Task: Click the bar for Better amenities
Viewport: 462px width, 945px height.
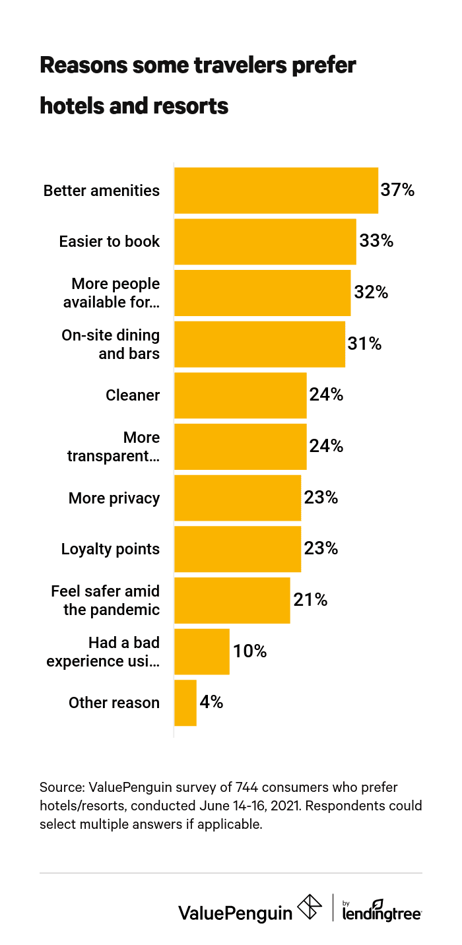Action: (x=276, y=191)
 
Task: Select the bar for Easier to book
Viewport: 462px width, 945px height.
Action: (x=265, y=242)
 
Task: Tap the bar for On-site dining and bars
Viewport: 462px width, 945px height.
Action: (x=259, y=344)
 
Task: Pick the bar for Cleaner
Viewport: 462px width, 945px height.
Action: (x=240, y=395)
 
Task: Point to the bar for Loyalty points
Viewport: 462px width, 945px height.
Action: (x=238, y=549)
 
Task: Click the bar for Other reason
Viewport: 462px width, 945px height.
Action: (x=185, y=703)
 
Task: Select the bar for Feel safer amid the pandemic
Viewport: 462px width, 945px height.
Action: (x=232, y=600)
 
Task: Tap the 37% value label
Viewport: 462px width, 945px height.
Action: (x=397, y=191)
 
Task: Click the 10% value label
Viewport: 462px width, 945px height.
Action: (x=249, y=651)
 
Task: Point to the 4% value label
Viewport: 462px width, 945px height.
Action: (x=211, y=703)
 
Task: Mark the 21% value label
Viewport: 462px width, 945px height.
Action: (x=310, y=600)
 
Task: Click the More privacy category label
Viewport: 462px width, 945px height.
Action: (x=114, y=498)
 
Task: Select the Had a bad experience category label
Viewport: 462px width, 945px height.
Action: (x=103, y=652)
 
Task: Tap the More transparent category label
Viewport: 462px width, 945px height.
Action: (x=114, y=447)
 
